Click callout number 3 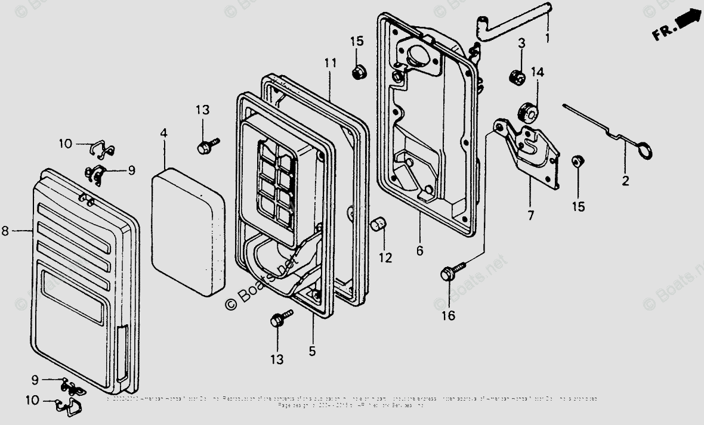(x=521, y=43)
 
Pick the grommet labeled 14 (x=526, y=111)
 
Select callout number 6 (x=420, y=251)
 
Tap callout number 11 (x=331, y=63)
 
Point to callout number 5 (x=312, y=352)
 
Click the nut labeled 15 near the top (x=359, y=72)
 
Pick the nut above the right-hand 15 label (x=577, y=161)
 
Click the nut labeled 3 (x=517, y=77)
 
